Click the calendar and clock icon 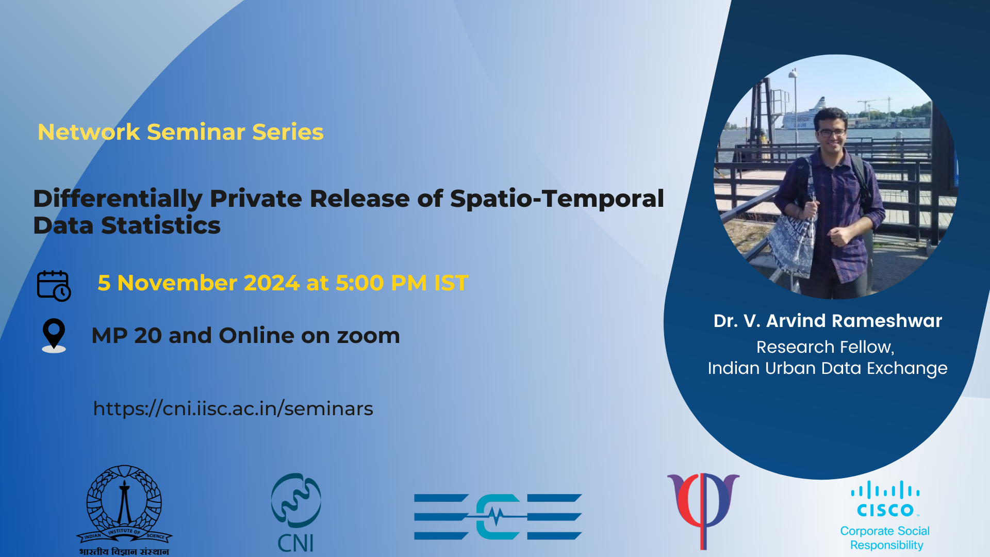point(54,286)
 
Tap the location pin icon point(54,336)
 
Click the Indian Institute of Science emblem point(124,510)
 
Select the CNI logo point(296,513)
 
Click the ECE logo point(498,517)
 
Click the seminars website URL point(233,408)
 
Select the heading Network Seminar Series point(180,132)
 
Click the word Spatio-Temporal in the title point(557,199)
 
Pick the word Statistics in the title point(161,225)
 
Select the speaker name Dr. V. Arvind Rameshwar point(828,321)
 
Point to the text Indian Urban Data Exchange point(828,368)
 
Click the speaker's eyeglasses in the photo point(831,133)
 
